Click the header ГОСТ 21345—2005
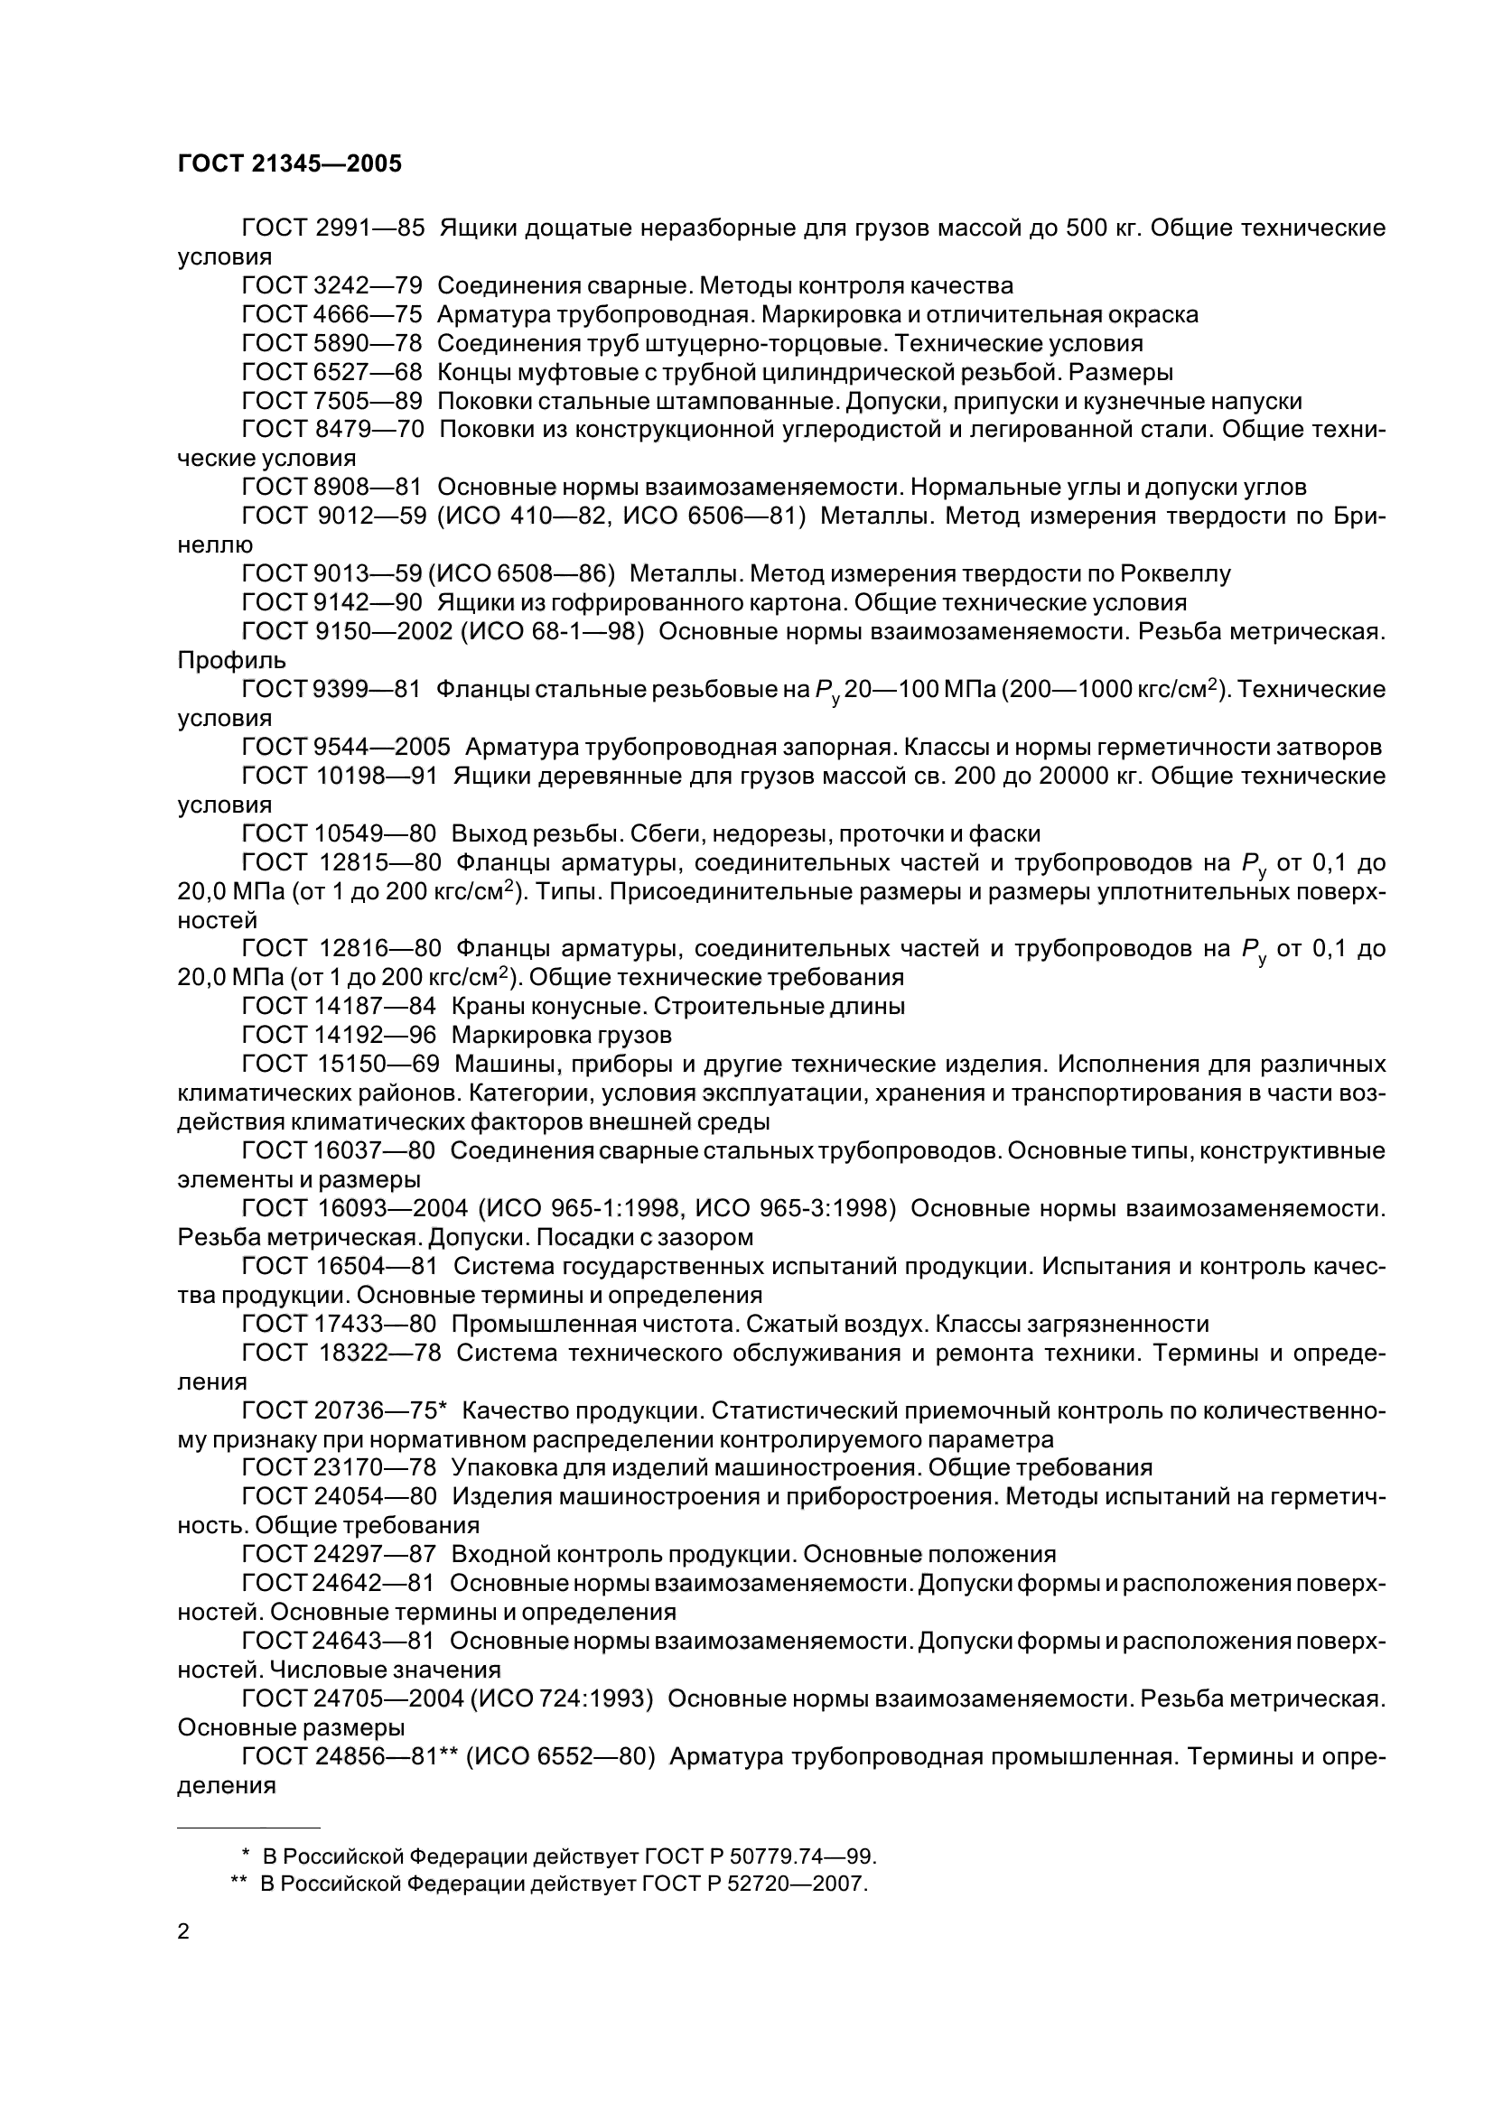coord(290,163)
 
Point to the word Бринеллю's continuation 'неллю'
coord(214,544)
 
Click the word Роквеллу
coord(1175,574)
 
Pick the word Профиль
coord(232,660)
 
